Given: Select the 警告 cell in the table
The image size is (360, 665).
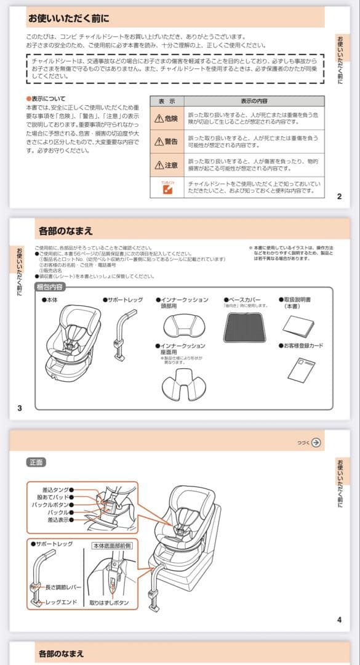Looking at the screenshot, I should [x=166, y=142].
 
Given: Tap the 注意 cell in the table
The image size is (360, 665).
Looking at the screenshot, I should [x=166, y=165].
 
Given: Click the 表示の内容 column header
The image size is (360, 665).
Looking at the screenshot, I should [x=253, y=101].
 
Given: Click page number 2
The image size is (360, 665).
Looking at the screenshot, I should [x=339, y=197].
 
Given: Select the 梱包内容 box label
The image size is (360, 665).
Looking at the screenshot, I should [x=50, y=287].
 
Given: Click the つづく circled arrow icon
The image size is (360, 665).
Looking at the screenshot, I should [x=316, y=442].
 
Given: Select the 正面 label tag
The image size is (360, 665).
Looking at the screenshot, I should [x=36, y=462].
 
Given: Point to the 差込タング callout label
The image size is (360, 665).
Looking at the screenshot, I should [x=55, y=490].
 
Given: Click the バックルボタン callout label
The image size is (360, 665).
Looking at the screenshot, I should [x=51, y=504].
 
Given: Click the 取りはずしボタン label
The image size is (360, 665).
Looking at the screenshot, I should [x=109, y=603].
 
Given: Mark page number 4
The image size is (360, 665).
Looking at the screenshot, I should [x=339, y=619].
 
